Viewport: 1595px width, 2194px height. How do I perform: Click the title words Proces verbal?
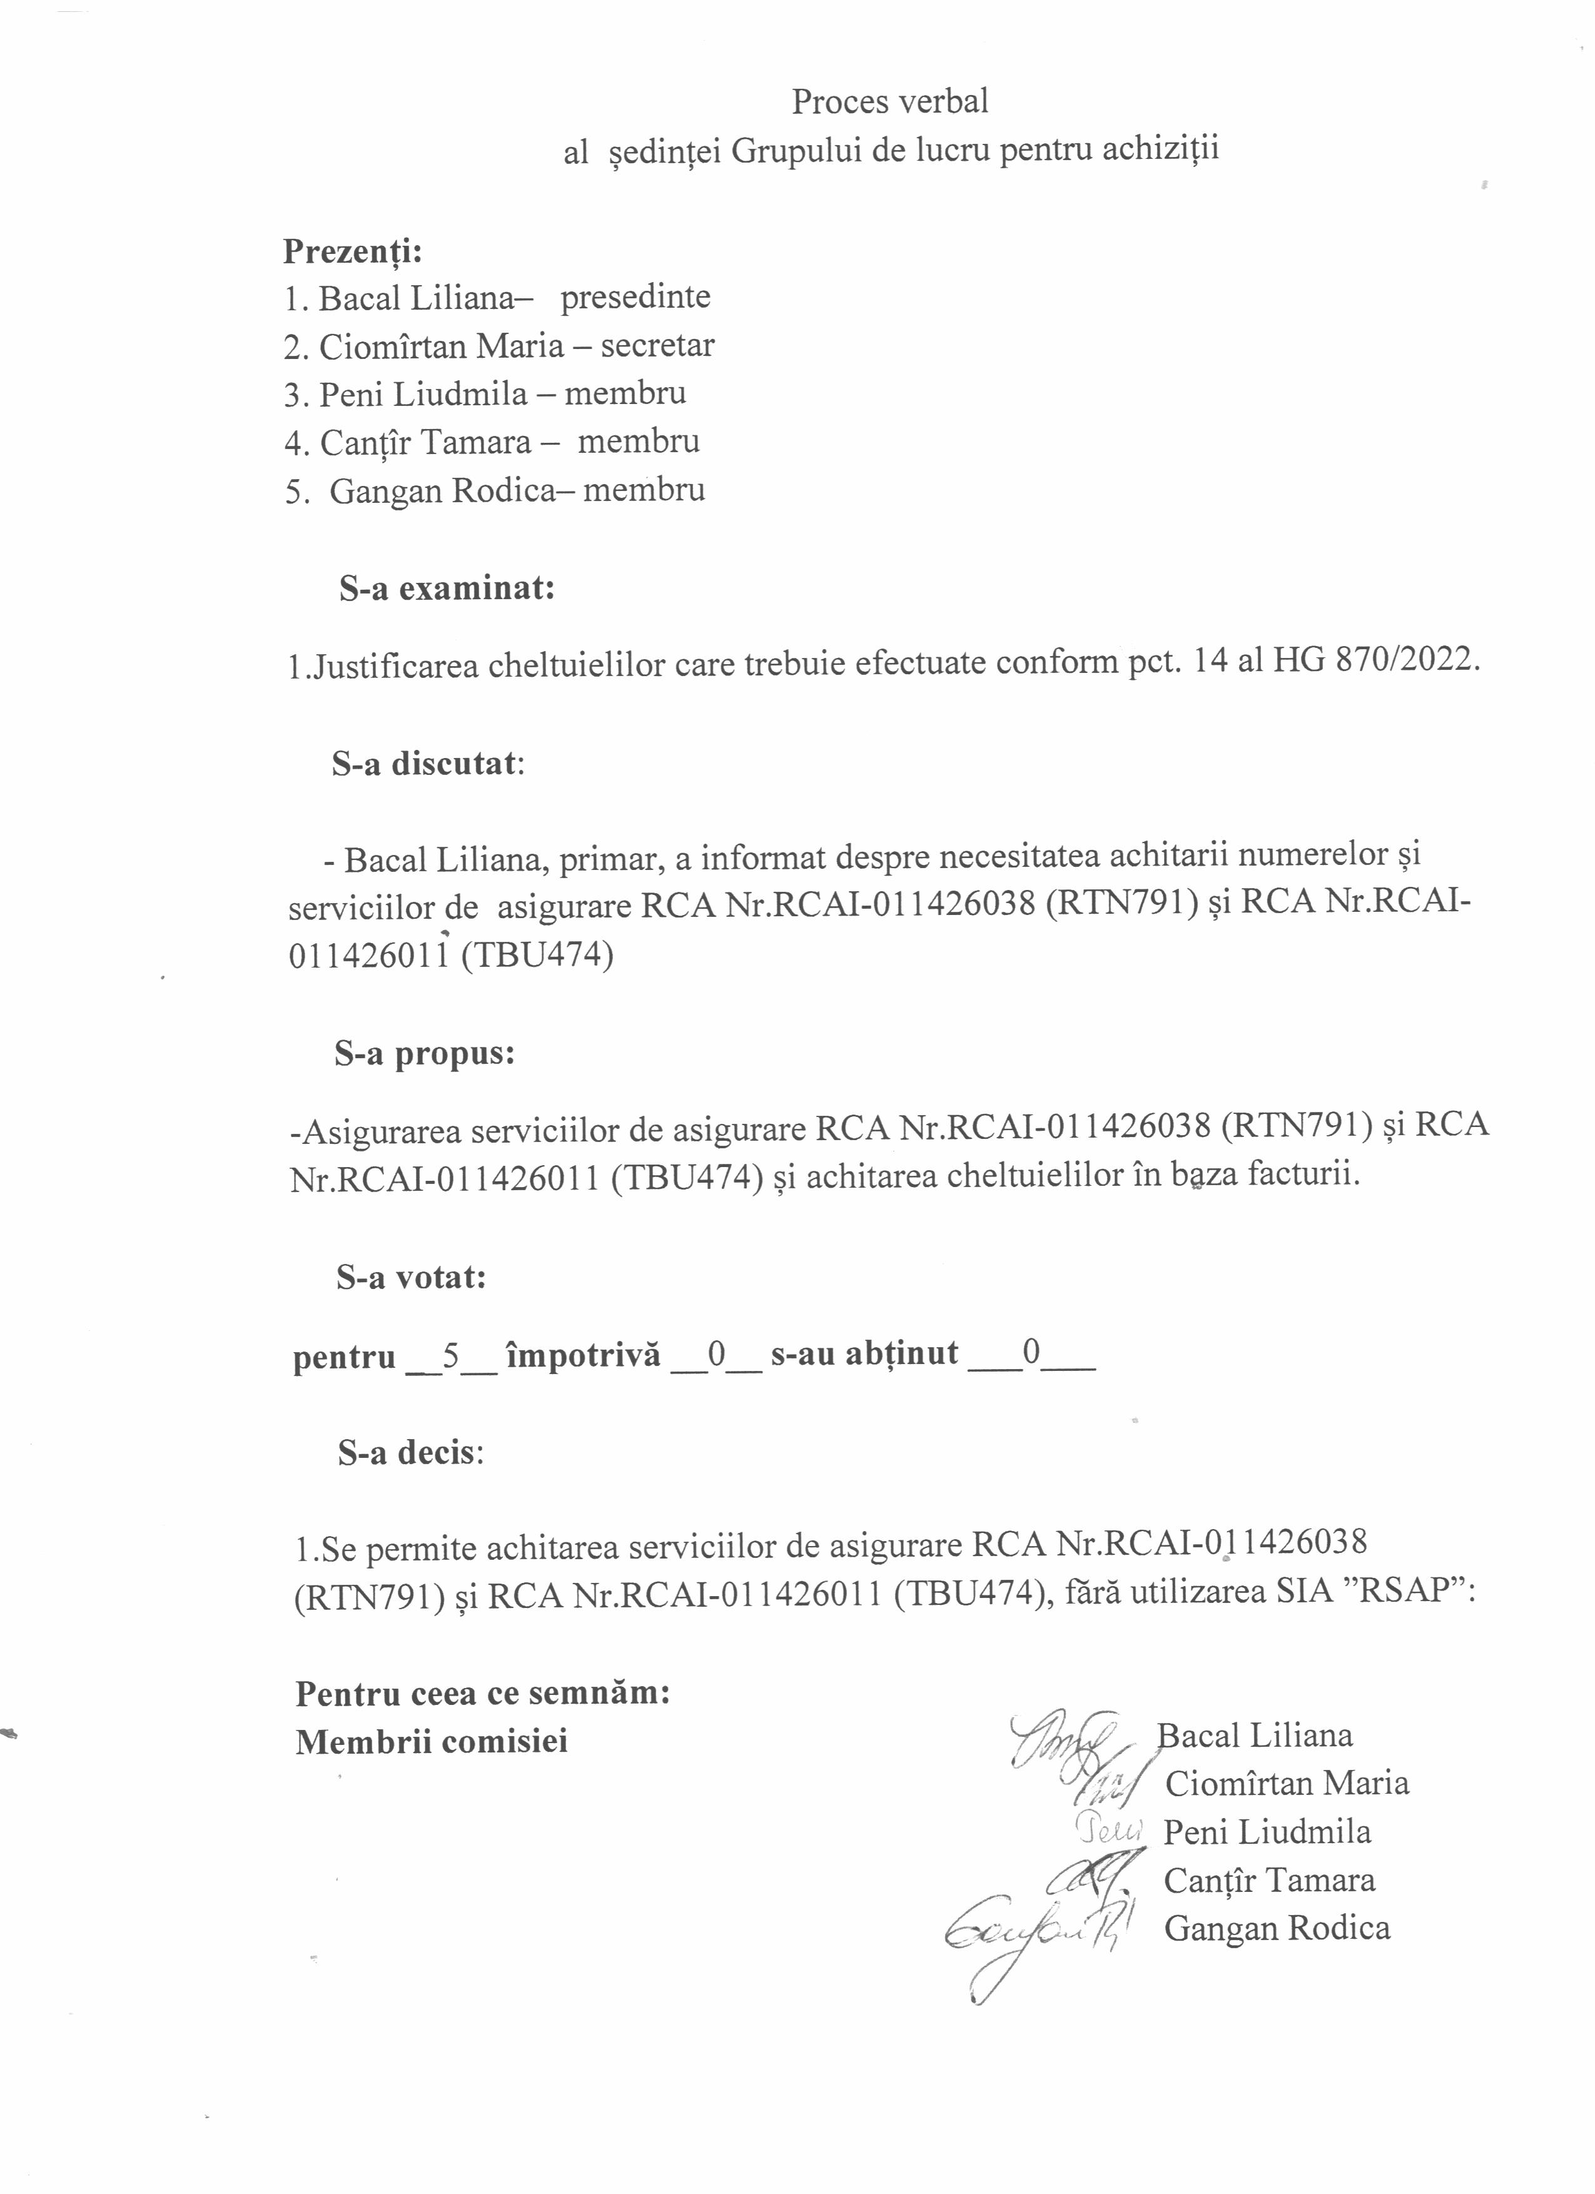tap(890, 101)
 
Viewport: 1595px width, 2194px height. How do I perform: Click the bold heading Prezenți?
tap(352, 251)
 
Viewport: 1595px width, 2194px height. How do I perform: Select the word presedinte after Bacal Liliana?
tap(635, 297)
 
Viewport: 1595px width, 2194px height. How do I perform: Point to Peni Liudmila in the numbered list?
tap(423, 394)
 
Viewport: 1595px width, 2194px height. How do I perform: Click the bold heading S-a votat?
tap(411, 1277)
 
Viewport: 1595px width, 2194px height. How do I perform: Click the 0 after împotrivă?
tap(717, 1354)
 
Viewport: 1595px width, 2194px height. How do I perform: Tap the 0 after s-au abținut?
tap(1031, 1354)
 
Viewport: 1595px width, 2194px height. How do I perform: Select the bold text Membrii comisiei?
tap(432, 1741)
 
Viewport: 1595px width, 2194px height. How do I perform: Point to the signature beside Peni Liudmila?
tap(1108, 1828)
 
